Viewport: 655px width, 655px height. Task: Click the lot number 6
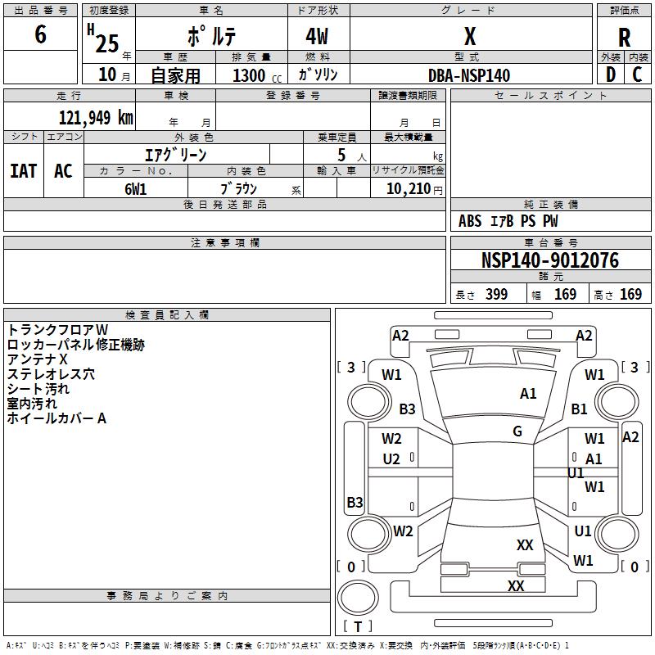[40, 34]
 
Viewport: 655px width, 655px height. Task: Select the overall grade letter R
[624, 37]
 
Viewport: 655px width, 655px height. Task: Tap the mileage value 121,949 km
[96, 117]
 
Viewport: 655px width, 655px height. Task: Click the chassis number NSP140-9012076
[550, 260]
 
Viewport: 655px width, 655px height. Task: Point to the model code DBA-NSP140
[469, 75]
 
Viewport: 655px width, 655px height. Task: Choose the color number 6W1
[135, 189]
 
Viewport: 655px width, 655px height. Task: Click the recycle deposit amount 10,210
[408, 188]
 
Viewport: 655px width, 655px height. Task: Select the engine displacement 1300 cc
[257, 75]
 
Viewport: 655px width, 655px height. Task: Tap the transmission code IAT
[24, 171]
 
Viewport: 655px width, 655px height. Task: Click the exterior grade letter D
[611, 75]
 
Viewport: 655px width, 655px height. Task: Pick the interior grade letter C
[637, 75]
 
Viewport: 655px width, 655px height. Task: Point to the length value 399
[496, 294]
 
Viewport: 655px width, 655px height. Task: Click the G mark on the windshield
[517, 431]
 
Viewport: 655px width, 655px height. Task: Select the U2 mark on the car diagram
[391, 459]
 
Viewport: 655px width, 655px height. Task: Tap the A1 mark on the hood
[528, 394]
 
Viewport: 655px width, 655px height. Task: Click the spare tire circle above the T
[358, 597]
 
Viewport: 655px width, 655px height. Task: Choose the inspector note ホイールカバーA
[56, 418]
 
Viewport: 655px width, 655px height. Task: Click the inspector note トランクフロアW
[57, 330]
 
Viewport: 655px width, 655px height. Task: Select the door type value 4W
[317, 36]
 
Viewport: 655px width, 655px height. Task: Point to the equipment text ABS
[470, 221]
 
